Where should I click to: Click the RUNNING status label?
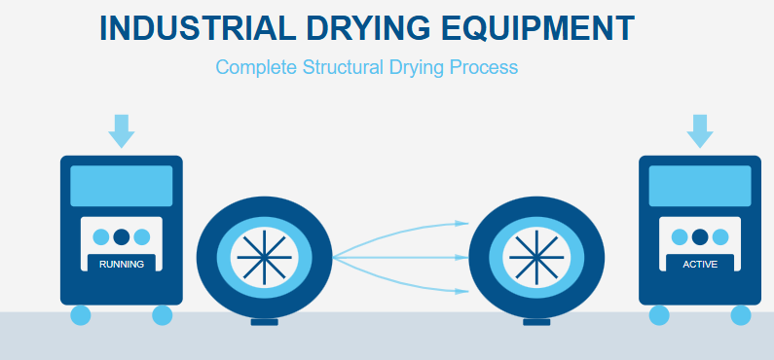click(x=122, y=264)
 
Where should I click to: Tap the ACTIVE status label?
click(x=700, y=264)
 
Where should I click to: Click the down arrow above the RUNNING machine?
click(x=122, y=130)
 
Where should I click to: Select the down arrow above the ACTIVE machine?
click(x=699, y=130)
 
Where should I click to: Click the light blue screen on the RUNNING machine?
click(x=122, y=186)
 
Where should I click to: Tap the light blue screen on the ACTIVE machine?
click(x=700, y=186)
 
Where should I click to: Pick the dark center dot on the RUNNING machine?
click(x=122, y=236)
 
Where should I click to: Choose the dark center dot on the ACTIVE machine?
click(x=700, y=236)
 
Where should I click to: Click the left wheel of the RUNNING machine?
click(x=81, y=315)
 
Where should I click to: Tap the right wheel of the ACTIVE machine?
click(x=741, y=315)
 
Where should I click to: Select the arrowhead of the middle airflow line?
click(x=464, y=258)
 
